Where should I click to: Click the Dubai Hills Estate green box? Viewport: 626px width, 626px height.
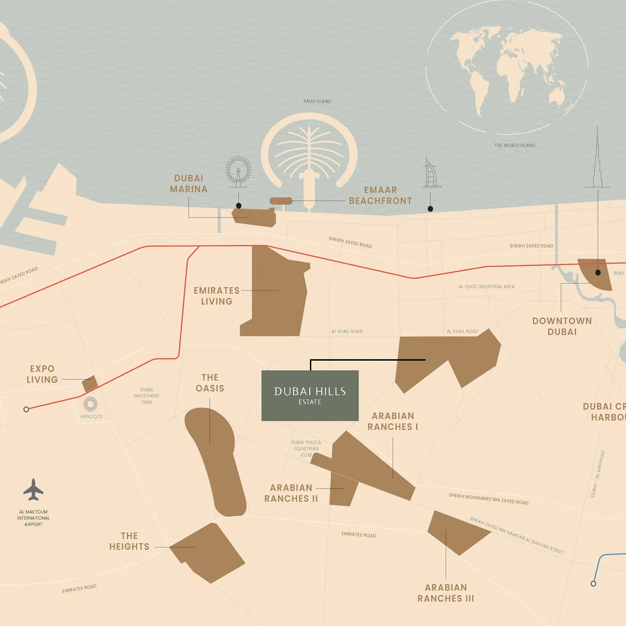coord(310,395)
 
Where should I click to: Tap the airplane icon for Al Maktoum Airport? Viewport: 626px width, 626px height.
coord(33,490)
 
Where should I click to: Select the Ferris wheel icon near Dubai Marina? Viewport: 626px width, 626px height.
coord(238,171)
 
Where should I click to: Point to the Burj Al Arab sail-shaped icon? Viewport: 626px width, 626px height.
coord(430,173)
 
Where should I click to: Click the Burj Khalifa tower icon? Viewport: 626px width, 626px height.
coord(598,162)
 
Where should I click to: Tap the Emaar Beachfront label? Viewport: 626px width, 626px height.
coord(380,195)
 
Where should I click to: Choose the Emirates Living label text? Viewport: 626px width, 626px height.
coord(217,296)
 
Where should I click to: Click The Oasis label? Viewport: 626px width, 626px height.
coord(210,383)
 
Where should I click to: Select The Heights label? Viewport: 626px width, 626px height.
coord(129,541)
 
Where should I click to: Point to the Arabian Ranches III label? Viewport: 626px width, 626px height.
coord(446,593)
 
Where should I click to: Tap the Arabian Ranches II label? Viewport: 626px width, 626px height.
coord(291,493)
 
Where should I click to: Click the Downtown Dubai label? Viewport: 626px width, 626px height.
coord(562,326)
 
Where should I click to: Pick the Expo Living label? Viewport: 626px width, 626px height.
coord(42,374)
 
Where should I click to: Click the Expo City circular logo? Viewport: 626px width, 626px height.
coord(90,404)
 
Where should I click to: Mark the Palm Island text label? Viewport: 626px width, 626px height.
coord(317,101)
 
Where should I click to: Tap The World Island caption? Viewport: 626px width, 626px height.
coord(514,145)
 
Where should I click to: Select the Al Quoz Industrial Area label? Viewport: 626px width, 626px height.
coord(486,286)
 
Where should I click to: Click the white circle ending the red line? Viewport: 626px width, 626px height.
coord(26,409)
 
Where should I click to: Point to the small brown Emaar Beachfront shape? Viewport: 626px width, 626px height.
coord(281,201)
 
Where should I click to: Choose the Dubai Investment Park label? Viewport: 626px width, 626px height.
coord(147,396)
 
